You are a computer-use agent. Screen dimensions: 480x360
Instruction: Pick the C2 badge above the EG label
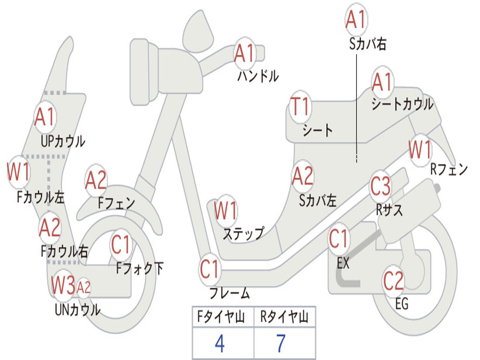coord(393,281)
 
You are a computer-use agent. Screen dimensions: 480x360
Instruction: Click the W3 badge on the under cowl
coord(63,285)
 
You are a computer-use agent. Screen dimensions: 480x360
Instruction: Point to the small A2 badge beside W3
coord(83,288)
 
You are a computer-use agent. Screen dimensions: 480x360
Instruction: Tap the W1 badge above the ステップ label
coord(225,210)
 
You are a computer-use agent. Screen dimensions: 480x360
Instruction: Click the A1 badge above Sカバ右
coord(356,19)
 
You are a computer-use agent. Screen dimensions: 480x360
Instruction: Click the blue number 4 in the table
coord(220,343)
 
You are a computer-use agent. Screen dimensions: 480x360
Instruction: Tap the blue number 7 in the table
coord(281,343)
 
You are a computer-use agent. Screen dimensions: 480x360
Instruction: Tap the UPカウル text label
coord(63,142)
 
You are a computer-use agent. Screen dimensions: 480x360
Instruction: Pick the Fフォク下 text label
coord(140,269)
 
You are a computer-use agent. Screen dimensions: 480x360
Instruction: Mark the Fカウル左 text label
coord(40,197)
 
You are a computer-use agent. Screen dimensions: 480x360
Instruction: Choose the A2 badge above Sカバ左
coord(303,176)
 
